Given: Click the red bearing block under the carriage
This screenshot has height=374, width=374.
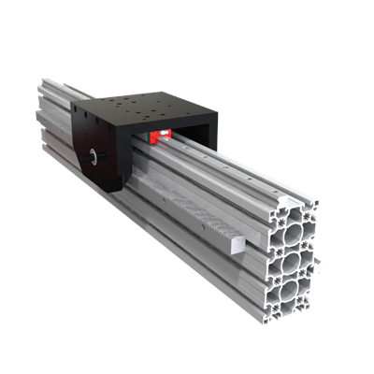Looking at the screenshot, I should coord(162,137).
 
